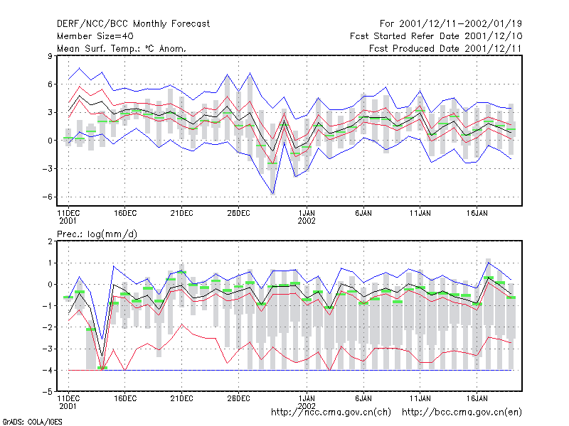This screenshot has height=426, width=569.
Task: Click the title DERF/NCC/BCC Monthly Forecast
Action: click(x=133, y=24)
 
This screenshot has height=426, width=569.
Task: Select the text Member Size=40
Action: click(x=95, y=36)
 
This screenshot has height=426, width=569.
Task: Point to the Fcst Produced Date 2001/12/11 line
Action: click(x=445, y=48)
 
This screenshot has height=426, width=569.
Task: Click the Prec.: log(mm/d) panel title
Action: click(x=97, y=234)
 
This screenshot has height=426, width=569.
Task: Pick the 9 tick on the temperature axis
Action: click(x=50, y=56)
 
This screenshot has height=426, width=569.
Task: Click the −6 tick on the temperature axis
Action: click(x=47, y=197)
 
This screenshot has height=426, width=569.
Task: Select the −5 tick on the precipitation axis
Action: click(x=47, y=392)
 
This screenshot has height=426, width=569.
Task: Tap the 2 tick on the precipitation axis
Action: click(x=50, y=241)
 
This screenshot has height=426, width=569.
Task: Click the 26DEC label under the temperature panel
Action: click(x=238, y=214)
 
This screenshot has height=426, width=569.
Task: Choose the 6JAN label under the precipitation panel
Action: click(x=363, y=398)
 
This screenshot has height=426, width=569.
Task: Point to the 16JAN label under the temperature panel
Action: click(x=477, y=214)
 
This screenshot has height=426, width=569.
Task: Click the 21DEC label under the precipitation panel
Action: click(x=181, y=398)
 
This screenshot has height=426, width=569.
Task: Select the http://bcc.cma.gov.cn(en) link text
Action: click(x=462, y=413)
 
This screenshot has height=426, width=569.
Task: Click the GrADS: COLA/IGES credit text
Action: click(x=32, y=422)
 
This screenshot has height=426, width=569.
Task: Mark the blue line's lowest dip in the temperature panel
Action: click(x=273, y=194)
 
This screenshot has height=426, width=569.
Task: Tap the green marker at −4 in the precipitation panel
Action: click(x=102, y=368)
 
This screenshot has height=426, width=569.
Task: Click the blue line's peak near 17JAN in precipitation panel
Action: click(x=489, y=263)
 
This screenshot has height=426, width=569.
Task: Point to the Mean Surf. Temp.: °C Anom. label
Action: click(x=121, y=48)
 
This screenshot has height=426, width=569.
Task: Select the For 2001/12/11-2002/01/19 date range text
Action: click(x=451, y=24)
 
